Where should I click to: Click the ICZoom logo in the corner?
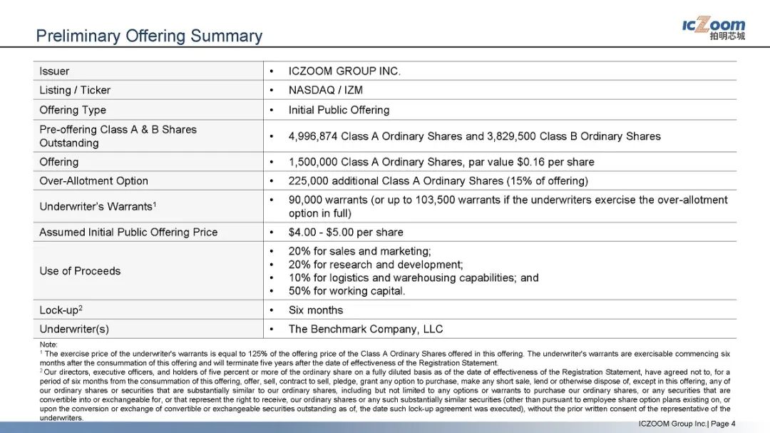(713, 29)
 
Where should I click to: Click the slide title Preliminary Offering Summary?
(149, 36)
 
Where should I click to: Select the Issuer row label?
(54, 71)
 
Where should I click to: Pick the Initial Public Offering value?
(339, 110)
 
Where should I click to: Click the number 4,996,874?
(313, 136)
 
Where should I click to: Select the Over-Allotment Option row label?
(93, 181)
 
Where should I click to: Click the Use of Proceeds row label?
(80, 271)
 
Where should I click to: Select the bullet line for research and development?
(376, 265)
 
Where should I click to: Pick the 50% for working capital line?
(346, 291)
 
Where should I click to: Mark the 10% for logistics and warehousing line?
(414, 277)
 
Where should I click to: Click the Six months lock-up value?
(315, 310)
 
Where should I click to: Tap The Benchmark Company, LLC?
(366, 329)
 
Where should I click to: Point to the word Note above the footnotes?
(48, 345)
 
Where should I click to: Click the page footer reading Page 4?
(723, 424)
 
